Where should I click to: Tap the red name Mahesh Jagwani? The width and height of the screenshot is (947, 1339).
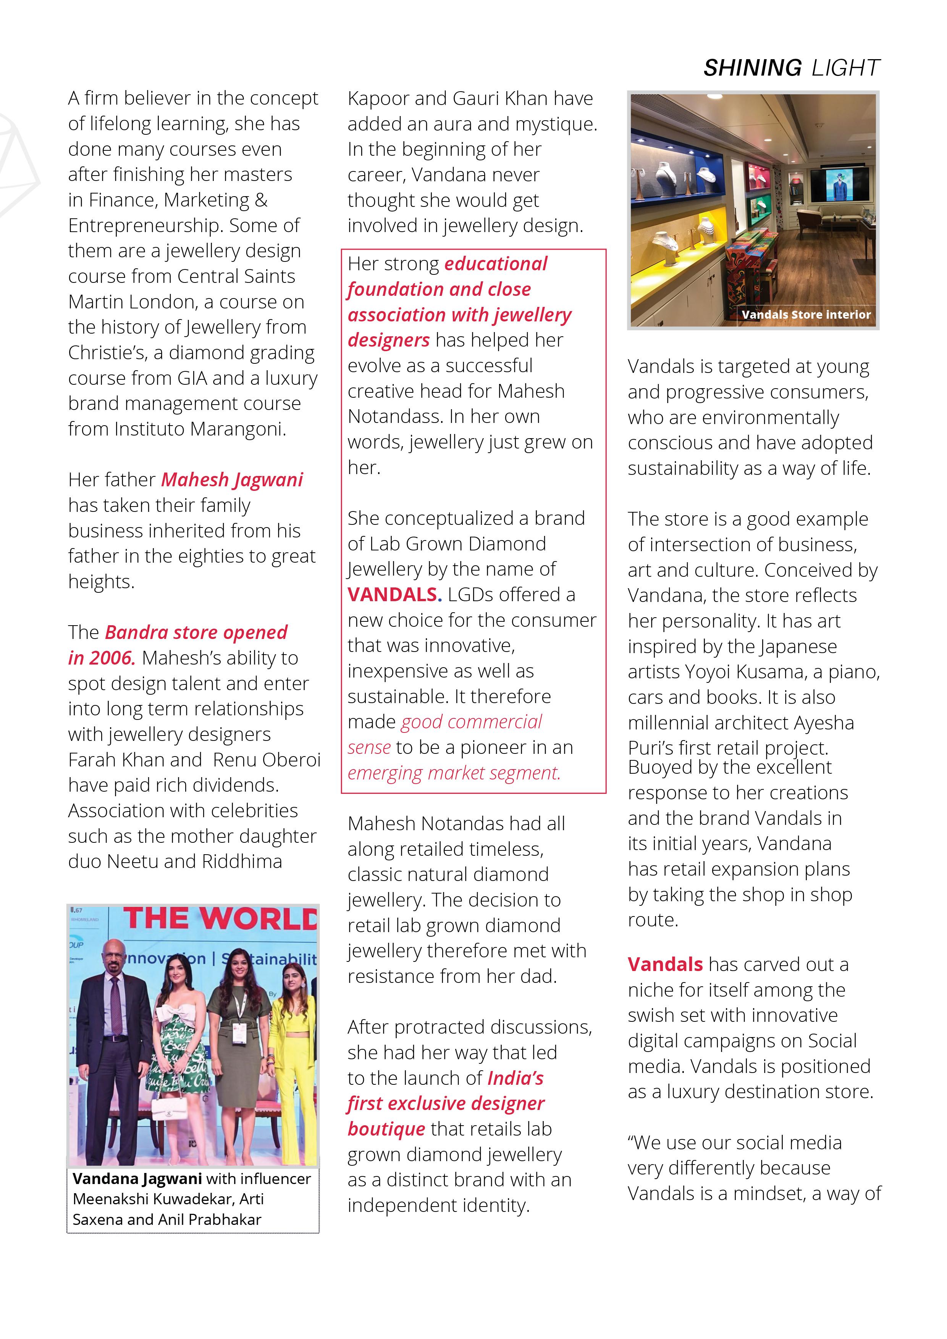(232, 479)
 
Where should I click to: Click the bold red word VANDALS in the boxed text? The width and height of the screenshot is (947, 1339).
(392, 594)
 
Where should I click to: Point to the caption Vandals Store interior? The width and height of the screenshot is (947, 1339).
(806, 315)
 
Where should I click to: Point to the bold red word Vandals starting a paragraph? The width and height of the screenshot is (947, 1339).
(664, 964)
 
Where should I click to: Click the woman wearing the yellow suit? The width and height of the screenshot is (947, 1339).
(296, 1050)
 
